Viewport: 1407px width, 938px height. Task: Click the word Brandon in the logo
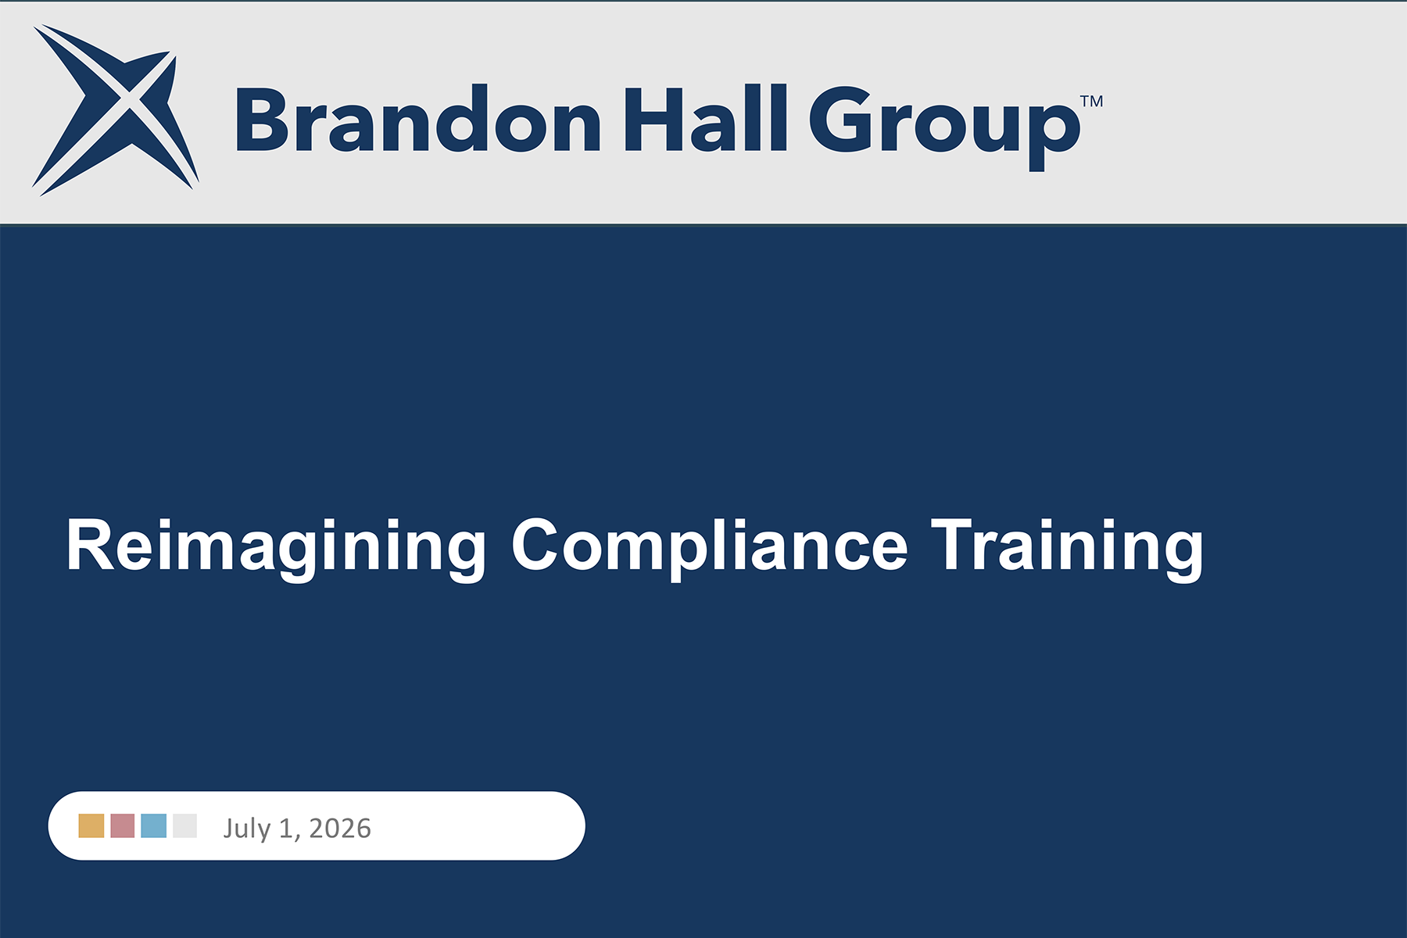pyautogui.click(x=418, y=118)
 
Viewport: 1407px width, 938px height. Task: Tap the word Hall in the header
pyautogui.click(x=705, y=118)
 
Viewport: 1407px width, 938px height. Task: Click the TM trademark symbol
pyautogui.click(x=1092, y=102)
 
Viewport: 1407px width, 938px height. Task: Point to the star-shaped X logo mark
pyautogui.click(x=116, y=109)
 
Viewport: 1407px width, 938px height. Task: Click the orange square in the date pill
pyautogui.click(x=91, y=825)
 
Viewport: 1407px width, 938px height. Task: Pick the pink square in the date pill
pyautogui.click(x=123, y=825)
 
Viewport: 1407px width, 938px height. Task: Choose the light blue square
pyautogui.click(x=154, y=825)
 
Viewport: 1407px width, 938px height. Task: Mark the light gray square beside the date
pyautogui.click(x=185, y=825)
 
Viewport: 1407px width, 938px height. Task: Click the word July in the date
pyautogui.click(x=247, y=829)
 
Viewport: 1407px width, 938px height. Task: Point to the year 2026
pyautogui.click(x=340, y=828)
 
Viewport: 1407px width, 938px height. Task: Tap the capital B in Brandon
pyautogui.click(x=264, y=118)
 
